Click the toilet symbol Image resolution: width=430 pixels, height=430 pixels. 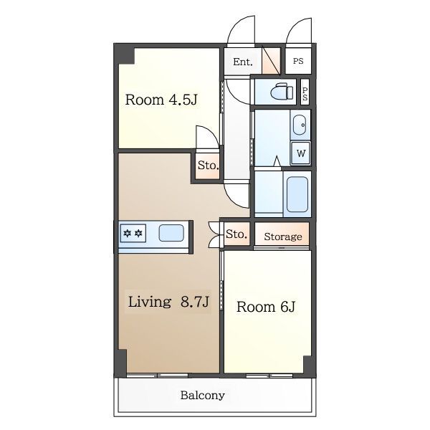(282, 91)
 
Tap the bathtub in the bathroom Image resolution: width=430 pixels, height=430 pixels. (297, 194)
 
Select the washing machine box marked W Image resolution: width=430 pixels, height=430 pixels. (300, 153)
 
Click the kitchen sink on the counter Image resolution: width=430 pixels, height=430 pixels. (171, 233)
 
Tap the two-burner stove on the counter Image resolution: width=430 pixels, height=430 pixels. (133, 234)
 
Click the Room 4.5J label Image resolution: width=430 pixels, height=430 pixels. (161, 100)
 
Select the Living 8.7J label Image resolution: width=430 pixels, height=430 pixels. (168, 302)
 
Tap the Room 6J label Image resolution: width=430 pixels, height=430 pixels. (266, 307)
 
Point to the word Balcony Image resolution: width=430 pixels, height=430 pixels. (203, 395)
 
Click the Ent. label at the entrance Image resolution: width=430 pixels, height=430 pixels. (243, 62)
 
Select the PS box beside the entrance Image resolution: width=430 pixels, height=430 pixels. (298, 61)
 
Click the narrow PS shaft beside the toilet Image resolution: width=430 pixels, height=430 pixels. (305, 92)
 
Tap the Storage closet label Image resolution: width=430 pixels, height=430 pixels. (283, 236)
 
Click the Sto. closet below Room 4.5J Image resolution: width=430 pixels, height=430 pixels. (208, 166)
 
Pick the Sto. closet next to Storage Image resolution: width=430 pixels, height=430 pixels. (236, 234)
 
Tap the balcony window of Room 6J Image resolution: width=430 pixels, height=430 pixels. (269, 375)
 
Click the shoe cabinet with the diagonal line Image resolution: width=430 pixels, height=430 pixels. (272, 61)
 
